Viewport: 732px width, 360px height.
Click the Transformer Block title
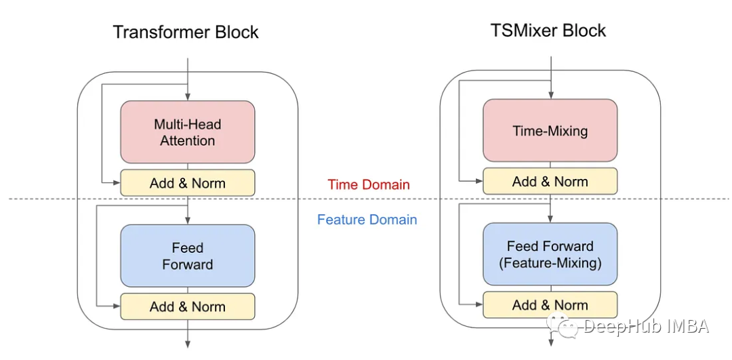[186, 32]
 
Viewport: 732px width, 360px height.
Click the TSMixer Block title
[548, 30]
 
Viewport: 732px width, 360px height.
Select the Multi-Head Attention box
[188, 132]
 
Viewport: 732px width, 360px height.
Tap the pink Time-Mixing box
[550, 131]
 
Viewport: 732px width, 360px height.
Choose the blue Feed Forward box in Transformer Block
[188, 256]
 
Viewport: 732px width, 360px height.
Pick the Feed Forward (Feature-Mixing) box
[550, 254]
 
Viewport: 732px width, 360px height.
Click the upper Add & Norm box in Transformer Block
[188, 183]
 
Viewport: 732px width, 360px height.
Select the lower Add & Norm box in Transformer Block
[188, 306]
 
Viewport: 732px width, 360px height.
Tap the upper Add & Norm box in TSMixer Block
[550, 181]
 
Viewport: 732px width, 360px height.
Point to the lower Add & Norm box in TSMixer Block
[550, 304]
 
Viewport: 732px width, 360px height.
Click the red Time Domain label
[369, 184]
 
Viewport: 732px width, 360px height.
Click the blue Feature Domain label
[367, 220]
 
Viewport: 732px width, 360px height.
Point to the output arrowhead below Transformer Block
[188, 343]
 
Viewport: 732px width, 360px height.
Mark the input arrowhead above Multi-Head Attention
[188, 96]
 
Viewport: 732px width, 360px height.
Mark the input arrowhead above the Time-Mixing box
[550, 95]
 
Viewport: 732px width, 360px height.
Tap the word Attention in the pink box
[188, 141]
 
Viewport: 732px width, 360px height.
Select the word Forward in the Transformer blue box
[188, 264]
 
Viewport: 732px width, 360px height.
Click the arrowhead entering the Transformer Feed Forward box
[188, 220]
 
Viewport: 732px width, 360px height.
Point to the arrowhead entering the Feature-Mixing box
[550, 218]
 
